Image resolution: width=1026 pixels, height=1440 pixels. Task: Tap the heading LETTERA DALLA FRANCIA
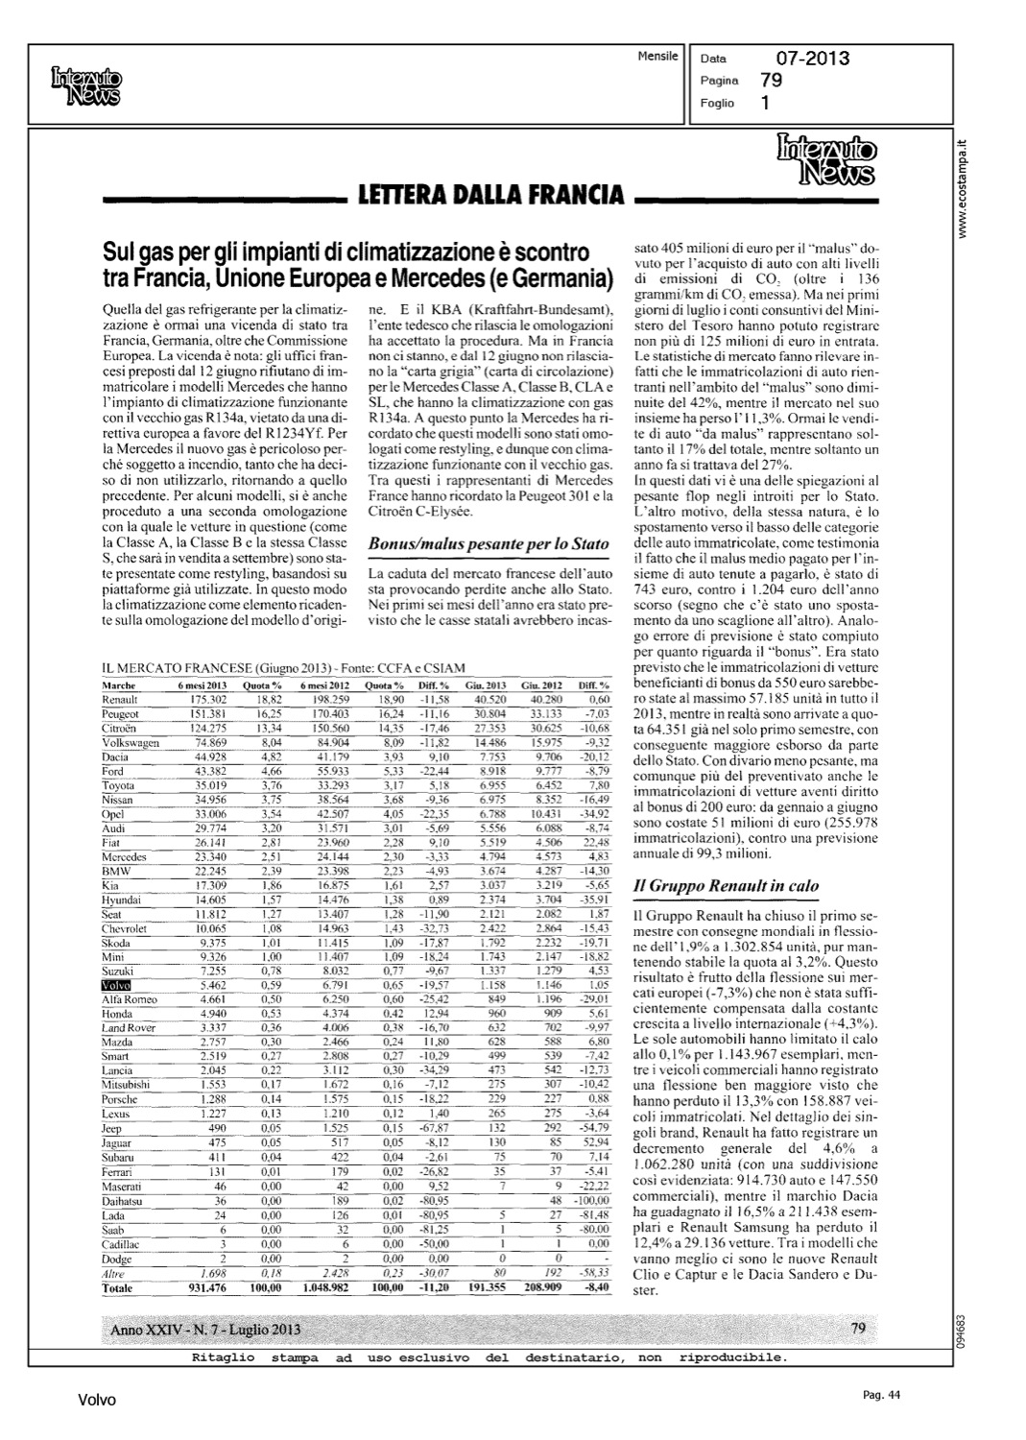490,196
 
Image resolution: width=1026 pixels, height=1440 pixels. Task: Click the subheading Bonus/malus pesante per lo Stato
489,543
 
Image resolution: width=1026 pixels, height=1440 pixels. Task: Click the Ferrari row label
116,1173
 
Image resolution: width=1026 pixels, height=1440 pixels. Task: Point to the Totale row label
118,1288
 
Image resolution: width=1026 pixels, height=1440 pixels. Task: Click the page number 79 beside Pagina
770,81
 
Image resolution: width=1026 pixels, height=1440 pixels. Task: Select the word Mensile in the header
657,57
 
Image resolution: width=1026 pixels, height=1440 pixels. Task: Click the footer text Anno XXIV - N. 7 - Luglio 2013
205,1329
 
